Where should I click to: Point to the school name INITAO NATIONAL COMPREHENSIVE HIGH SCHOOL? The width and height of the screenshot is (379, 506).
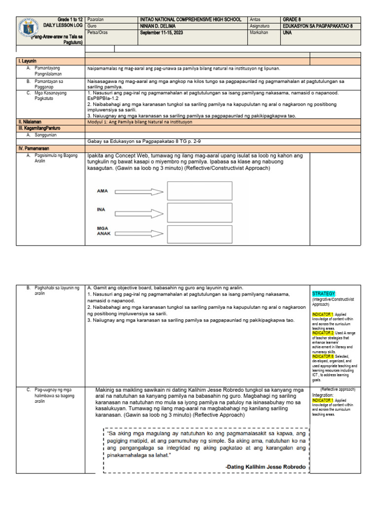(190, 19)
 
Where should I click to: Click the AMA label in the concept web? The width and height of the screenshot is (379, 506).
(102, 191)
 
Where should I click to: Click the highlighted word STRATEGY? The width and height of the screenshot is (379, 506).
(323, 294)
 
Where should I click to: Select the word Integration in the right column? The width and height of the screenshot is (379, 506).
(323, 395)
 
